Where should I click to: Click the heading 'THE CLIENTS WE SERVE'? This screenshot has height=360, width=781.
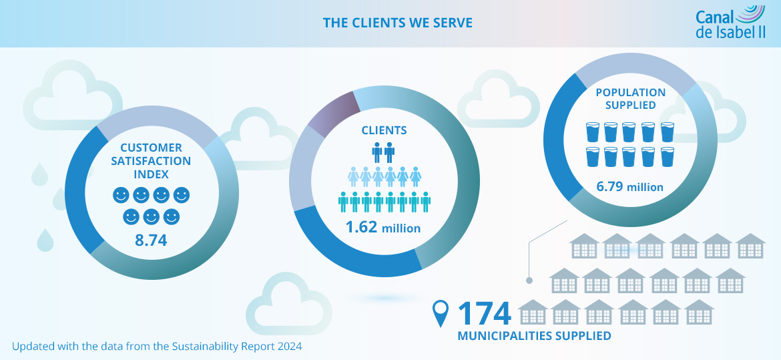coord(397,23)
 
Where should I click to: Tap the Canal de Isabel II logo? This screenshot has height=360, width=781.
coord(730,24)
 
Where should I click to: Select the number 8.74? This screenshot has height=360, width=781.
coord(151,240)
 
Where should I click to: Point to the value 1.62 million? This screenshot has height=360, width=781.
coord(382,227)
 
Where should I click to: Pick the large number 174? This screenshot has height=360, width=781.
coord(484,313)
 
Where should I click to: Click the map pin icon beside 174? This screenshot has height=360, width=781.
coord(441,313)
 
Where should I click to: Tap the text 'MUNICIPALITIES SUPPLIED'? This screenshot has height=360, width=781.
coord(534,336)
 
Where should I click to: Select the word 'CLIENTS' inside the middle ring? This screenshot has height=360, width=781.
coord(383,130)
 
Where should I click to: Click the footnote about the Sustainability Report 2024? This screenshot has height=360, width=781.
coord(157,346)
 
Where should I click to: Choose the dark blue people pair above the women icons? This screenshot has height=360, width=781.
coord(383,153)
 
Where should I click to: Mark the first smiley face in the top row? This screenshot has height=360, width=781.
coord(121,195)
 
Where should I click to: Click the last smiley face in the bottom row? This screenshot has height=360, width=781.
coord(172,217)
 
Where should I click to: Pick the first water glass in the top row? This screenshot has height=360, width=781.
coord(593,132)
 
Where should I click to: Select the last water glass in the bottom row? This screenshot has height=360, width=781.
coord(668,158)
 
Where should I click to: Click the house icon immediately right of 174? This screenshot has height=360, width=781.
coord(533,313)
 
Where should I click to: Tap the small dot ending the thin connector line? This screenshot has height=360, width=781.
coord(529,280)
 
